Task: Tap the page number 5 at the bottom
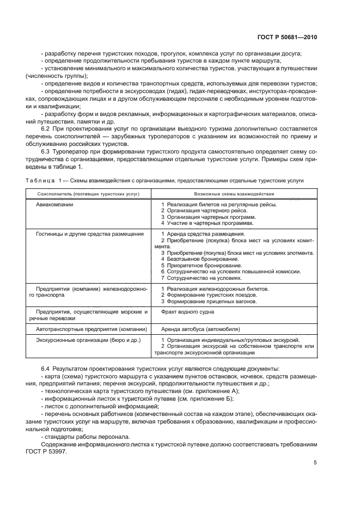coord(315,463)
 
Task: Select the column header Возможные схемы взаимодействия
coord(234,194)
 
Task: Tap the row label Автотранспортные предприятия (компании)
coord(91,329)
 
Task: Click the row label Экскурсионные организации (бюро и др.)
coord(88,340)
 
